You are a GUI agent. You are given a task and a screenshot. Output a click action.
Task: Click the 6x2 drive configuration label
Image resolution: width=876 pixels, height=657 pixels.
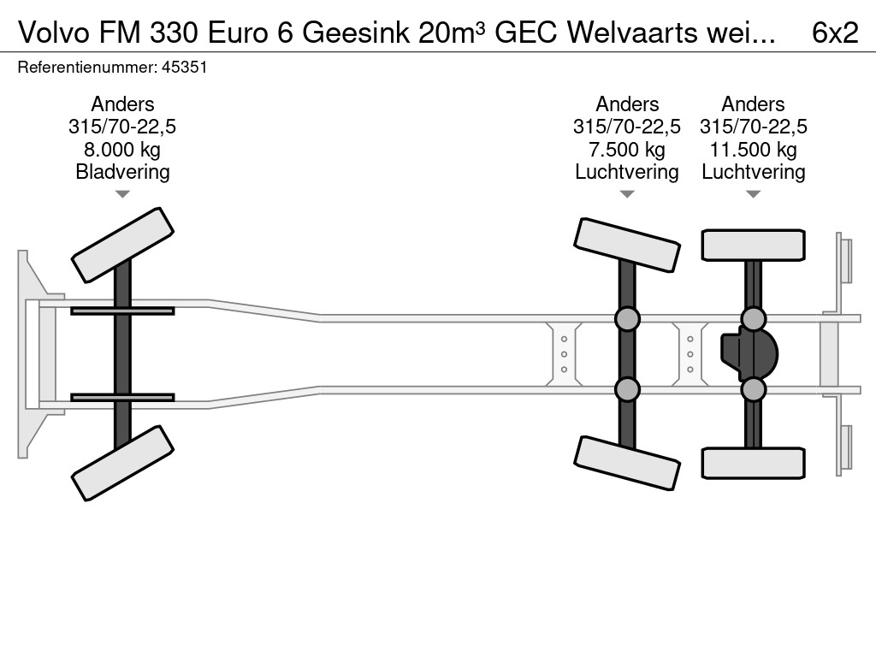(834, 32)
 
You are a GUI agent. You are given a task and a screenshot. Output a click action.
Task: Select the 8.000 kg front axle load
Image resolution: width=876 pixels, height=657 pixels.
(122, 150)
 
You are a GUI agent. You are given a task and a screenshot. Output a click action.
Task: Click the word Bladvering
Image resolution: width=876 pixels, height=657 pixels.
(122, 172)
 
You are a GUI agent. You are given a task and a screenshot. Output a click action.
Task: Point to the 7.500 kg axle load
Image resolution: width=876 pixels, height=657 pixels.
(627, 150)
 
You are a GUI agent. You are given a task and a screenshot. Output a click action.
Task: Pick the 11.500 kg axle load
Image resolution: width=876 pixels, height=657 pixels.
(754, 150)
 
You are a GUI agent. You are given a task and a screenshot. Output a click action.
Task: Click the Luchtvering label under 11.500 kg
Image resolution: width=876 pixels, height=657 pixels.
(754, 172)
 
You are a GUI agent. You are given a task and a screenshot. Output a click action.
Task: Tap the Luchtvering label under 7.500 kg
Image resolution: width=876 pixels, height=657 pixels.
(627, 172)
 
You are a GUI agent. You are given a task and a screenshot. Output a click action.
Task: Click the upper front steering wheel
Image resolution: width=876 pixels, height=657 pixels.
(122, 245)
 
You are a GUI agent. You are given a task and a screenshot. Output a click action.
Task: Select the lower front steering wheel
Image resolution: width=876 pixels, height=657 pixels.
(122, 463)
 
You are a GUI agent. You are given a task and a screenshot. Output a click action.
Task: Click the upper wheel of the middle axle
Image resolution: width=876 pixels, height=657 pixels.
(627, 245)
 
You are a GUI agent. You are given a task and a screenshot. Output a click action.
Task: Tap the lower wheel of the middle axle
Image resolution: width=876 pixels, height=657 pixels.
(627, 463)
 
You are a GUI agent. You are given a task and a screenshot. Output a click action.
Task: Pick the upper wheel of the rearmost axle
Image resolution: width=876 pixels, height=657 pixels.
(754, 245)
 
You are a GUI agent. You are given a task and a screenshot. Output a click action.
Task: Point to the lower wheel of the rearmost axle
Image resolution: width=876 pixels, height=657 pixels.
(754, 463)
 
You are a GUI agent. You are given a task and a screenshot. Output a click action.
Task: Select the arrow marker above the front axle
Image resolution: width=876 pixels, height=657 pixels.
(122, 195)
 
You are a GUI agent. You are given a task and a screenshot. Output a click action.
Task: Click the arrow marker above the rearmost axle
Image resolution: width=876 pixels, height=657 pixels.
(754, 195)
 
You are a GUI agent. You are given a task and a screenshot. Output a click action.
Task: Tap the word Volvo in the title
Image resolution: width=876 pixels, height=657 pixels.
(54, 32)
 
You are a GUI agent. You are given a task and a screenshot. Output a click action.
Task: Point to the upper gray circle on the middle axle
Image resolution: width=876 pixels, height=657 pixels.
(627, 319)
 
